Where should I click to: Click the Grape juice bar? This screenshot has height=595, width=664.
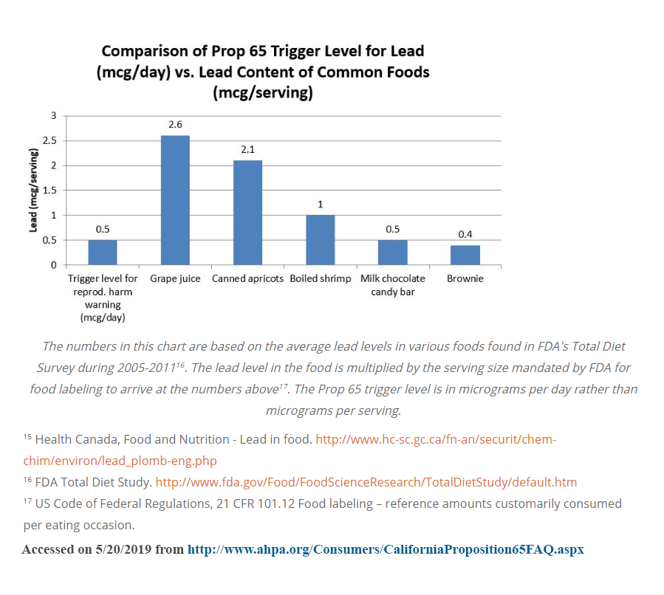pyautogui.click(x=175, y=200)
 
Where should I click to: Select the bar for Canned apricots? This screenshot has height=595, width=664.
pyautogui.click(x=247, y=213)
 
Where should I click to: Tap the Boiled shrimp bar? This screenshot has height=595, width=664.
pyautogui.click(x=320, y=240)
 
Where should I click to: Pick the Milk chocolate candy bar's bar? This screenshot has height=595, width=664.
pyautogui.click(x=392, y=252)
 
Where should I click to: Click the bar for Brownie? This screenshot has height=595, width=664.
pyautogui.click(x=465, y=255)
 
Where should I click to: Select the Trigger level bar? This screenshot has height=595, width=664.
pyautogui.click(x=103, y=252)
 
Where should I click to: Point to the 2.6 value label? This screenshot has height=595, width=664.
pyautogui.click(x=175, y=125)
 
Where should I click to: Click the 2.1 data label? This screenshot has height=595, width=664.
pyautogui.click(x=247, y=150)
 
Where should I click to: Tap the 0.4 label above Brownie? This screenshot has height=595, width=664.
pyautogui.click(x=465, y=234)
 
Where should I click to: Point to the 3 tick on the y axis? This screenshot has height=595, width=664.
pyautogui.click(x=53, y=115)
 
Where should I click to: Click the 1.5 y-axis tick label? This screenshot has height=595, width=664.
pyautogui.click(x=49, y=190)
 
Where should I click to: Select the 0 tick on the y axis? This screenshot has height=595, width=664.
pyautogui.click(x=53, y=265)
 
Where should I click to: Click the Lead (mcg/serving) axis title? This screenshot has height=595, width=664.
pyautogui.click(x=33, y=190)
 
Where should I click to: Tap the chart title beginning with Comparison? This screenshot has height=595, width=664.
pyautogui.click(x=263, y=72)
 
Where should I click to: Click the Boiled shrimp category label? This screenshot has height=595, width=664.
pyautogui.click(x=320, y=279)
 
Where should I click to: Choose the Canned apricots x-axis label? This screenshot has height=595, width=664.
pyautogui.click(x=247, y=279)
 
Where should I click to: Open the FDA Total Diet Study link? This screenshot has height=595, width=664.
pyautogui.click(x=366, y=482)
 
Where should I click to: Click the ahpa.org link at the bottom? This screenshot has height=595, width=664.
pyautogui.click(x=386, y=550)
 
